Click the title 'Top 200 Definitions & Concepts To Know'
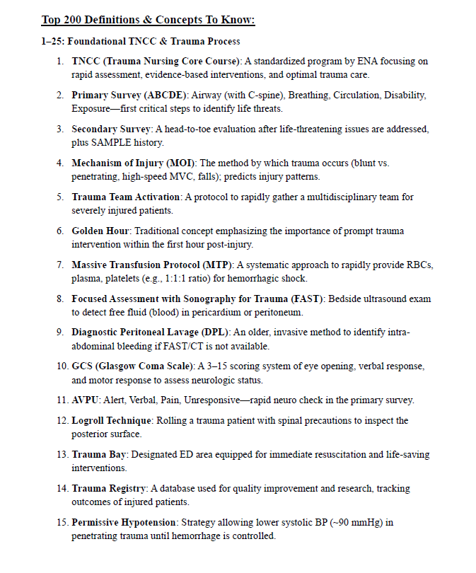point(148,20)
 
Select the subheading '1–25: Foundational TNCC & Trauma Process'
point(140,41)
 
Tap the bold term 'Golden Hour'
point(101,231)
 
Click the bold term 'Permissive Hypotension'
point(124,523)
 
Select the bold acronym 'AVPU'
point(86,400)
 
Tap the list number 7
point(60,265)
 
